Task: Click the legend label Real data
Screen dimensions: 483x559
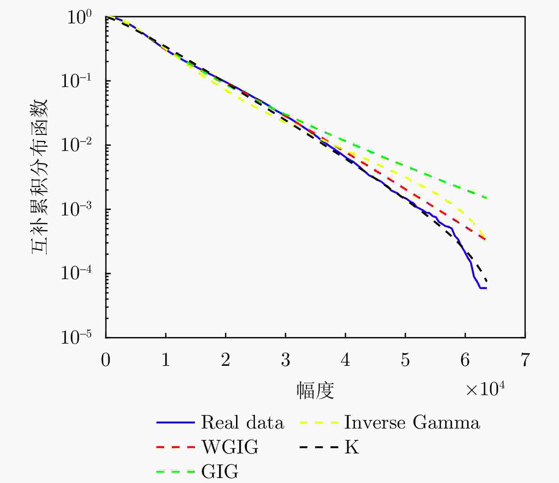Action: [x=243, y=422]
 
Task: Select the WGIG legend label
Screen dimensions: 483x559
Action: [x=230, y=447]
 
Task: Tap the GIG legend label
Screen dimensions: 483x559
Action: [x=220, y=471]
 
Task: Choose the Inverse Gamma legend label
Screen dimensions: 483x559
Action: [x=412, y=422]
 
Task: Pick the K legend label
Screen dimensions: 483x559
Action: [x=351, y=447]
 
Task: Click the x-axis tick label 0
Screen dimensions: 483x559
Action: [x=106, y=360]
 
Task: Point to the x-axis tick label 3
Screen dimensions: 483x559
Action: [x=285, y=360]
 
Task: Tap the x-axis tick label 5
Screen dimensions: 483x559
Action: [x=405, y=360]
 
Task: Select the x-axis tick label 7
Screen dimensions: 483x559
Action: [x=525, y=360]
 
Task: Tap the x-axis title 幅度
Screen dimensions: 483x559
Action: [x=315, y=391]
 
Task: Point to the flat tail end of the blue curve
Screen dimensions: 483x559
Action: [x=484, y=288]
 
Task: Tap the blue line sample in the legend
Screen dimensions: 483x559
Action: [x=175, y=423]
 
